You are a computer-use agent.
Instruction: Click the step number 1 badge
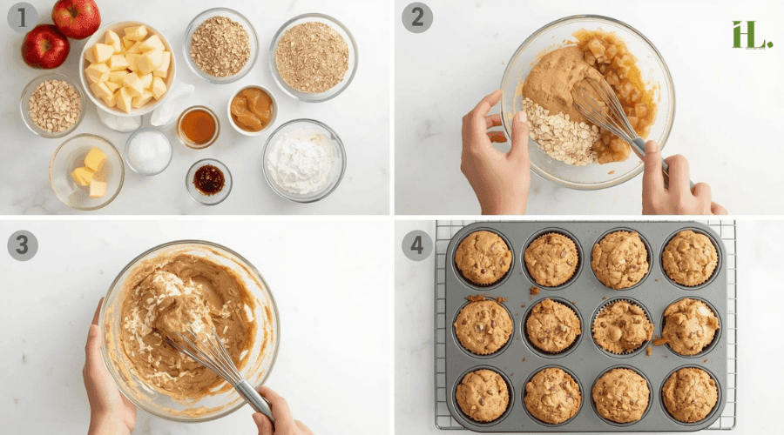[23, 17]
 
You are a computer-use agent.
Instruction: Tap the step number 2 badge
[416, 17]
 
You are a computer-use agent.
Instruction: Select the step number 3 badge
[23, 245]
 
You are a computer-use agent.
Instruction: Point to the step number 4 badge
[416, 245]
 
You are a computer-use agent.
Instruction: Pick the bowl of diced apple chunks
[127, 68]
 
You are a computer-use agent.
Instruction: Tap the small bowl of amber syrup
[199, 127]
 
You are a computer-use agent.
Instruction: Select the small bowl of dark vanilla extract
[209, 180]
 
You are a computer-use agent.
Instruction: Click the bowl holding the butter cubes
[86, 170]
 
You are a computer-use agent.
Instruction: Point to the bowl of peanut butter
[252, 109]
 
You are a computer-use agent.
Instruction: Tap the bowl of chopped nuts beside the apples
[53, 105]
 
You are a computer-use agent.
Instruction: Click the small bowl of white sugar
[149, 151]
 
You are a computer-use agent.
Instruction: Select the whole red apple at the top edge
[77, 17]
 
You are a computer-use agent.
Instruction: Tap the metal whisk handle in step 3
[253, 396]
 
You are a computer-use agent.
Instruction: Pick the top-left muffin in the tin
[483, 258]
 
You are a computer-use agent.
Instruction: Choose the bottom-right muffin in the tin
[689, 394]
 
